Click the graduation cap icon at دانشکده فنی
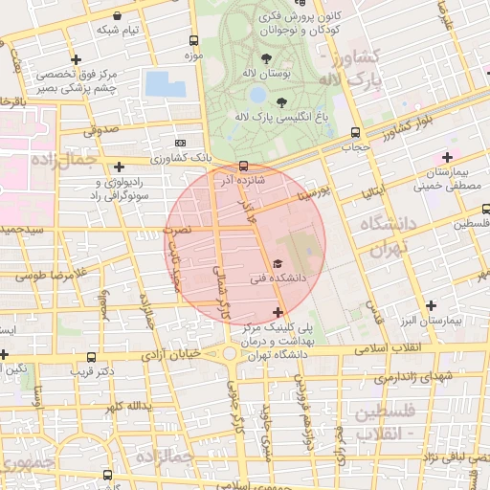(x=278, y=263)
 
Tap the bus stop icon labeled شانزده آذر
(x=243, y=165)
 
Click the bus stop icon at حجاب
(x=355, y=133)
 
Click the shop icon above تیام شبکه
(x=118, y=16)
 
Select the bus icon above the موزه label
(x=194, y=41)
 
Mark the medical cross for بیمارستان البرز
(x=432, y=305)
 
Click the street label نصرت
(x=178, y=231)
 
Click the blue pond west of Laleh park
(x=166, y=83)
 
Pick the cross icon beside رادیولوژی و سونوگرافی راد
(x=118, y=167)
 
